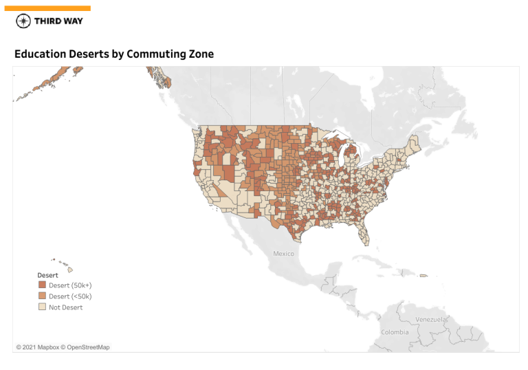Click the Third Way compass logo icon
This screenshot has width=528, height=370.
[23, 21]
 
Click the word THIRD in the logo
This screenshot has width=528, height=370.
[48, 21]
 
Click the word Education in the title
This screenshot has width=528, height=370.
[41, 54]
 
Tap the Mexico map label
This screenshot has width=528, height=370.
[283, 254]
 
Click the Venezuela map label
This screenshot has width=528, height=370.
[431, 320]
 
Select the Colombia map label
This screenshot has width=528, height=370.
[395, 332]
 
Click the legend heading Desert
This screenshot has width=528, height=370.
[47, 275]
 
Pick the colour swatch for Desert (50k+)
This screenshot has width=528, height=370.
[42, 285]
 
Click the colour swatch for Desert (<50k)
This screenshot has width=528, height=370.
[42, 296]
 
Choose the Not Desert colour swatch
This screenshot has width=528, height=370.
[42, 307]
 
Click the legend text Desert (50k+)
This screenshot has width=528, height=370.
[70, 285]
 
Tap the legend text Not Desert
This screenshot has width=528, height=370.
[65, 307]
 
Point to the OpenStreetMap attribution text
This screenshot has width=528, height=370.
[85, 347]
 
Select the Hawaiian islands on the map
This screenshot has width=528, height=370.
[68, 268]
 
